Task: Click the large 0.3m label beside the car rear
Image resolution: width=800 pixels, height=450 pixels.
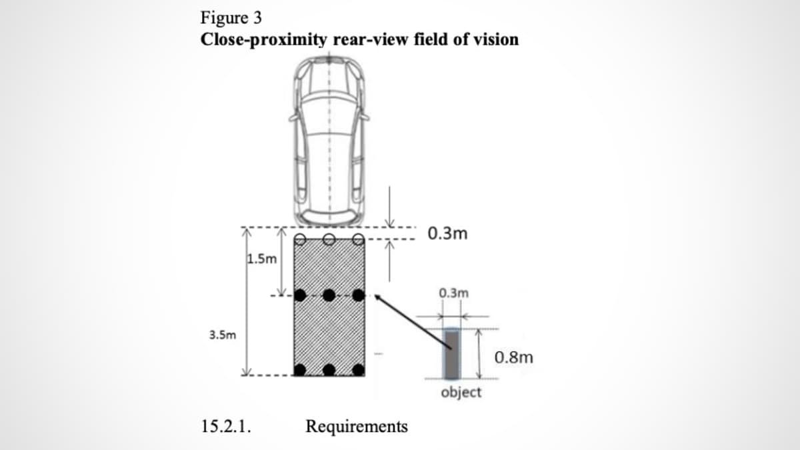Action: (448, 234)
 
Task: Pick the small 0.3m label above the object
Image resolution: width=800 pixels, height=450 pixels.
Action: (454, 293)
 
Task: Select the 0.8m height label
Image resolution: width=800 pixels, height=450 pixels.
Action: (515, 357)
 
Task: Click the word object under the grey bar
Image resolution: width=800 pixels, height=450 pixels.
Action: (461, 393)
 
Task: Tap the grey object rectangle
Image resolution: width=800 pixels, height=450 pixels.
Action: (451, 353)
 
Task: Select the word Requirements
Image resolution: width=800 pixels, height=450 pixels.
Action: (357, 426)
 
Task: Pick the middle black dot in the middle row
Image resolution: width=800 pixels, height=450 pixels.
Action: (329, 295)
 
